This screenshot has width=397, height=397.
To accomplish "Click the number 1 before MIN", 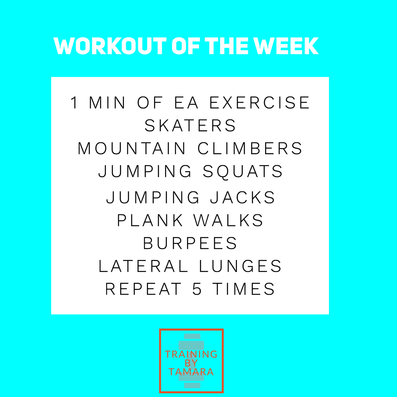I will (x=74, y=103).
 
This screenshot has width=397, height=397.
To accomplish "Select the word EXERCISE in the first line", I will (x=260, y=103).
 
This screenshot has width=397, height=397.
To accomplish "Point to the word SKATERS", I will (x=190, y=125).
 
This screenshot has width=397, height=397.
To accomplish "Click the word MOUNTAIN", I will (x=132, y=148).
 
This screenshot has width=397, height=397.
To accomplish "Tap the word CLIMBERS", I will (x=250, y=148).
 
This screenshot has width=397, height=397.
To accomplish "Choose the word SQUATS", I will (x=243, y=171).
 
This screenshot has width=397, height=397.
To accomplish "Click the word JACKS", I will (x=243, y=197).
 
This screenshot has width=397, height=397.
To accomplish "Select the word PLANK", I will (x=150, y=220).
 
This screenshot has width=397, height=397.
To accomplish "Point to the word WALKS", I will (x=228, y=220).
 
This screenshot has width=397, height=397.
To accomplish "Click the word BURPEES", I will (x=190, y=243).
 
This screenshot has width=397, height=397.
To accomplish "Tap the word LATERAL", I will (x=143, y=266).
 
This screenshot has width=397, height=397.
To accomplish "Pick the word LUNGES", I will (x=240, y=266).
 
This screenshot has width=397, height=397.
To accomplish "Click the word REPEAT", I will (x=143, y=289).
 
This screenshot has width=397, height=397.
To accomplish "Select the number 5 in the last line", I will (x=197, y=289).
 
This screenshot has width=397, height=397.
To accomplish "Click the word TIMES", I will (x=244, y=289).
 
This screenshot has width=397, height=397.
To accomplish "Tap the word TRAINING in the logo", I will (x=191, y=354).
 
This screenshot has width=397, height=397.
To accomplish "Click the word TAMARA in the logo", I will (x=191, y=372).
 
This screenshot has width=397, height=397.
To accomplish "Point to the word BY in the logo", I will (x=191, y=363).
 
